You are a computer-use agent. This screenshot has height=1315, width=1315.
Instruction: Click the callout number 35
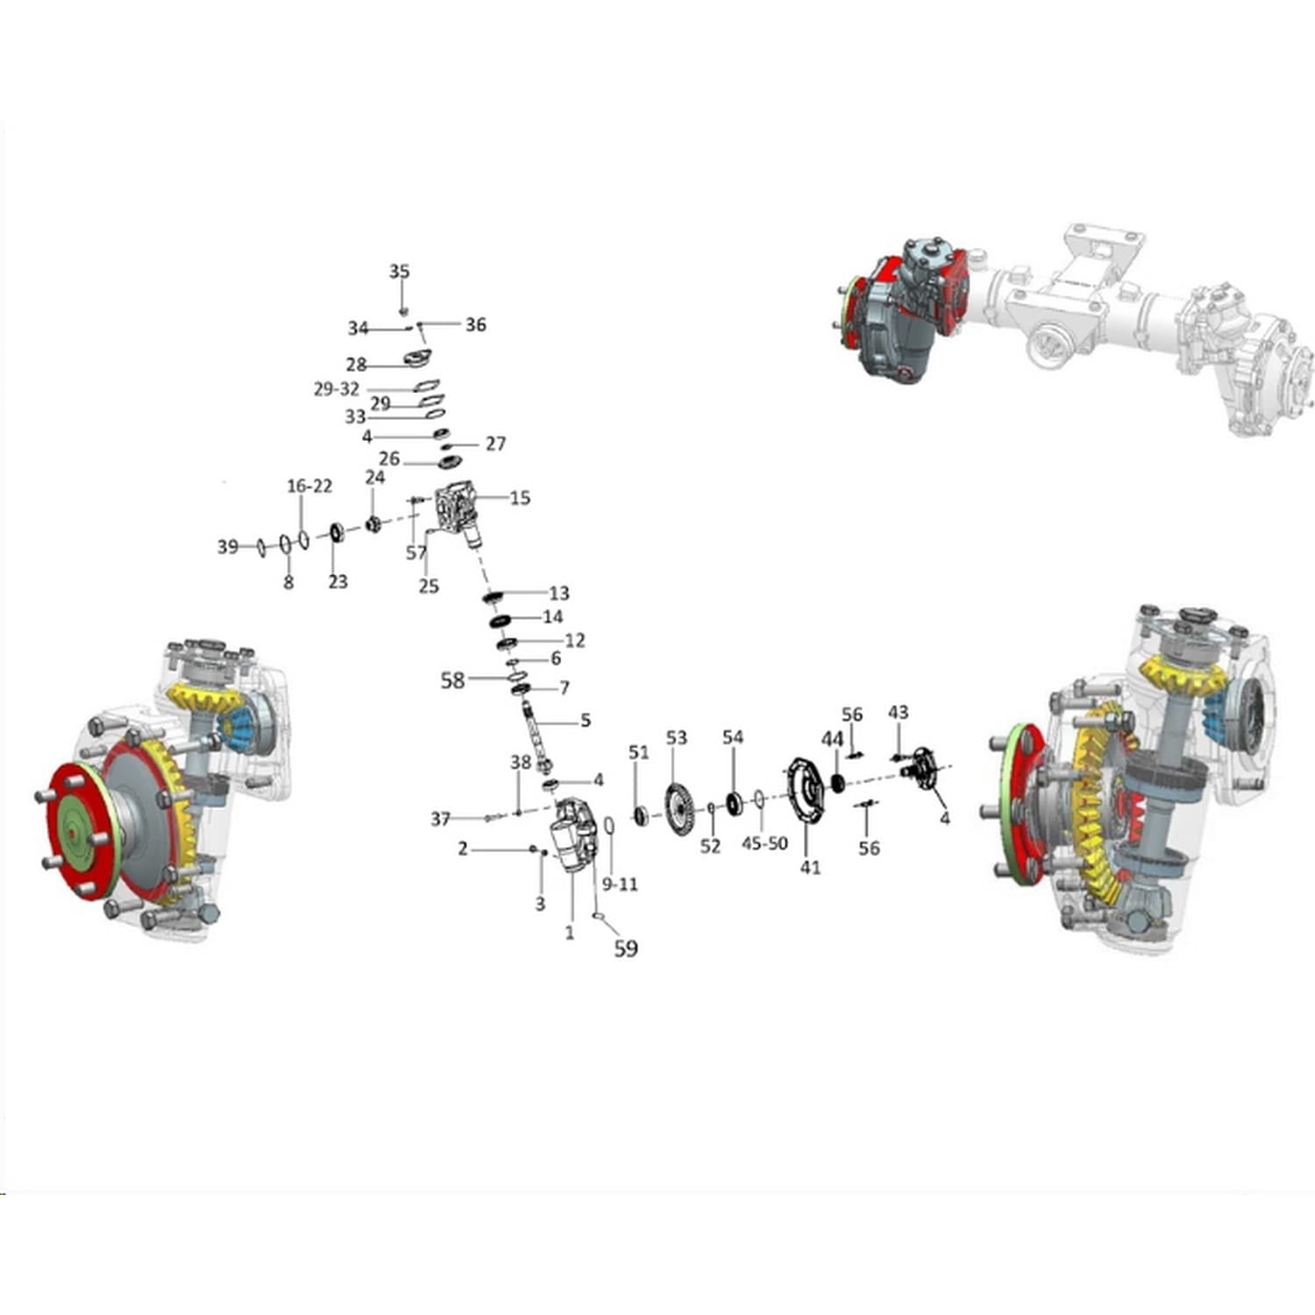click(399, 272)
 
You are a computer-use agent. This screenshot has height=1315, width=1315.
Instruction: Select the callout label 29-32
click(337, 389)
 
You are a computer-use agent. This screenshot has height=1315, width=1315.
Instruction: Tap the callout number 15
click(520, 498)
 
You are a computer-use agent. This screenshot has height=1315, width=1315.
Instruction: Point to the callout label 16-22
click(309, 487)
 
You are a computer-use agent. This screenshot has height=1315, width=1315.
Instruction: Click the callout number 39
click(228, 547)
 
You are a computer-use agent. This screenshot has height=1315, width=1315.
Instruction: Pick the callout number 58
click(452, 679)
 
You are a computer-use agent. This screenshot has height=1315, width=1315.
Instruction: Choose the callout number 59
click(625, 948)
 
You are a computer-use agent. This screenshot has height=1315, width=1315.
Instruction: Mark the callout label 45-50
click(764, 843)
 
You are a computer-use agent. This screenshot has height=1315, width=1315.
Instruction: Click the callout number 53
click(677, 738)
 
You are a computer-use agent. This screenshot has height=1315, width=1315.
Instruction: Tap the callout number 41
click(810, 867)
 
